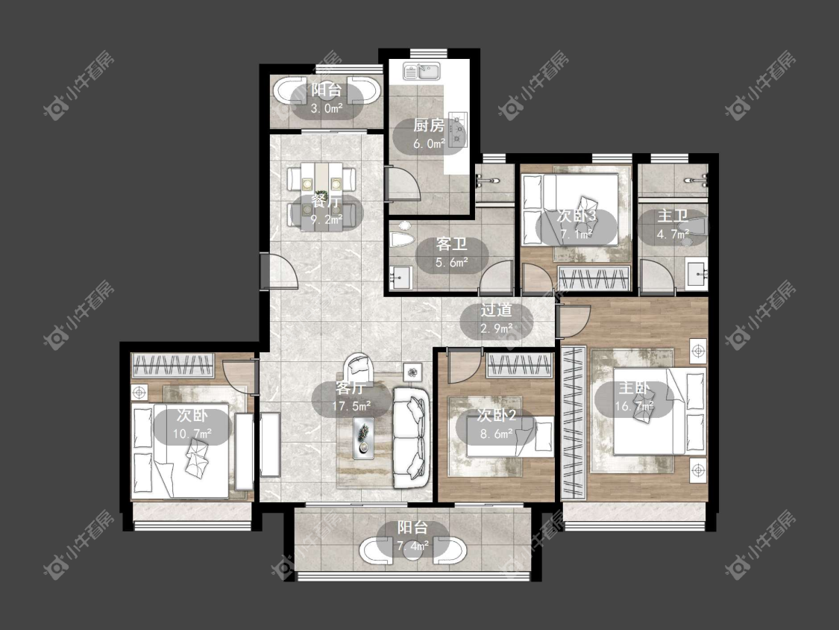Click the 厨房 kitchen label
click(x=429, y=125)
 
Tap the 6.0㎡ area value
click(x=429, y=143)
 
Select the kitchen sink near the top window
click(x=421, y=71)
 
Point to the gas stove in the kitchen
click(x=457, y=128)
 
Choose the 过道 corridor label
click(x=496, y=311)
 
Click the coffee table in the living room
click(x=363, y=437)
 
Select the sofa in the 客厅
click(x=412, y=437)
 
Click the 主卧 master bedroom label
click(x=634, y=388)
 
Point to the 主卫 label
click(x=673, y=216)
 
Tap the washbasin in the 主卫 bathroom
click(x=697, y=272)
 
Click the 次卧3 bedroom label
click(x=576, y=216)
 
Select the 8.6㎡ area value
click(x=497, y=434)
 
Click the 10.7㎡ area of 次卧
click(x=192, y=434)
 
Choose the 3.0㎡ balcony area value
click(x=327, y=108)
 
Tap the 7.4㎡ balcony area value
click(x=412, y=546)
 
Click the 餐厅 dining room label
click(x=327, y=202)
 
